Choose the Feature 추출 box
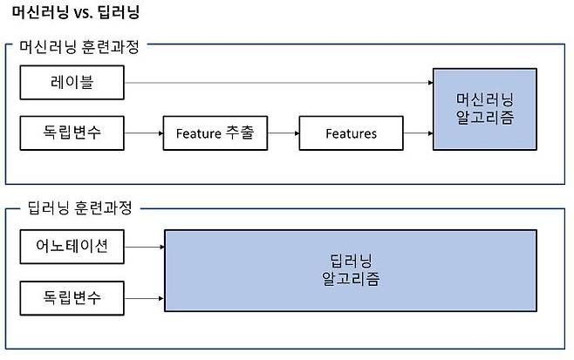(215, 133)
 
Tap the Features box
(351, 133)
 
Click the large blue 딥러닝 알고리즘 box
(350, 271)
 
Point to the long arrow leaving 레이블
(279, 84)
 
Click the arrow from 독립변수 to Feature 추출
(143, 133)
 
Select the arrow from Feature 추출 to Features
(283, 133)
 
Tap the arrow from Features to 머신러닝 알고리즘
(419, 133)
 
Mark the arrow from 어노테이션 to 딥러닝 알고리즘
(144, 247)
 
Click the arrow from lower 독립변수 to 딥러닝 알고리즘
(144, 297)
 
